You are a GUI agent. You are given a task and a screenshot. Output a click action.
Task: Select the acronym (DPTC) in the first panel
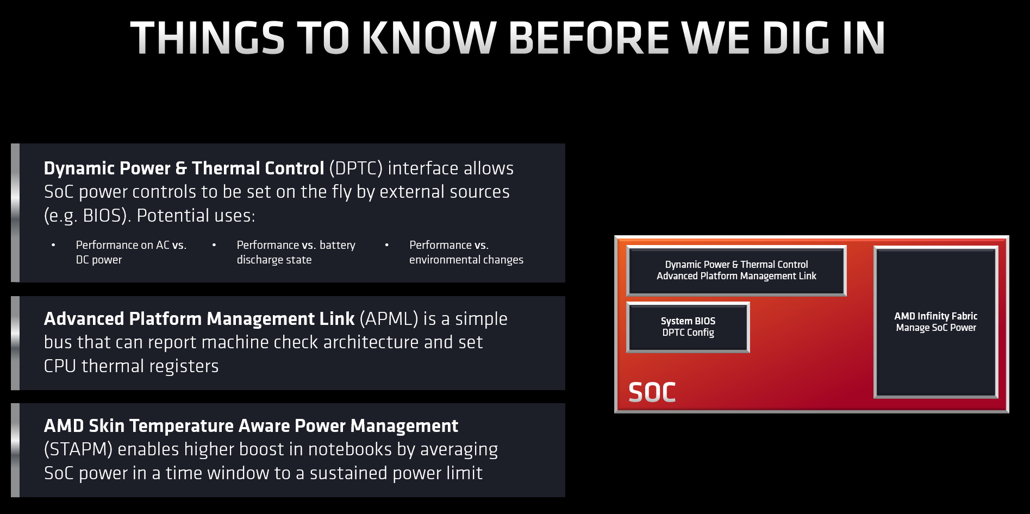(x=356, y=168)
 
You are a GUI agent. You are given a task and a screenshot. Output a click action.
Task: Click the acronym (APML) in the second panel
(x=389, y=319)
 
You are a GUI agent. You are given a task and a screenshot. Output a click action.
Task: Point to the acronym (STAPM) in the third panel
(x=78, y=449)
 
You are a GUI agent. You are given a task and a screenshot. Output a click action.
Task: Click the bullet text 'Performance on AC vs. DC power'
(x=131, y=252)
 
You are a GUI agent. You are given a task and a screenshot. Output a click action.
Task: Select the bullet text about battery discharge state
(x=296, y=252)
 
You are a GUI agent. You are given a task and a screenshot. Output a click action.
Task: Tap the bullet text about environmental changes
(x=466, y=252)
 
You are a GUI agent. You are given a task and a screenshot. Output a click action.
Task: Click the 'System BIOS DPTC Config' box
(x=688, y=327)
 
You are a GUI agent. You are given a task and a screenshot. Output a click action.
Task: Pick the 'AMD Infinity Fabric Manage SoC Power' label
(x=936, y=322)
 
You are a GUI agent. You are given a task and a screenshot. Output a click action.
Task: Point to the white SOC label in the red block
(x=652, y=392)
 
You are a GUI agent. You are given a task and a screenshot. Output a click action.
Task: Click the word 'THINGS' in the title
(x=208, y=38)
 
